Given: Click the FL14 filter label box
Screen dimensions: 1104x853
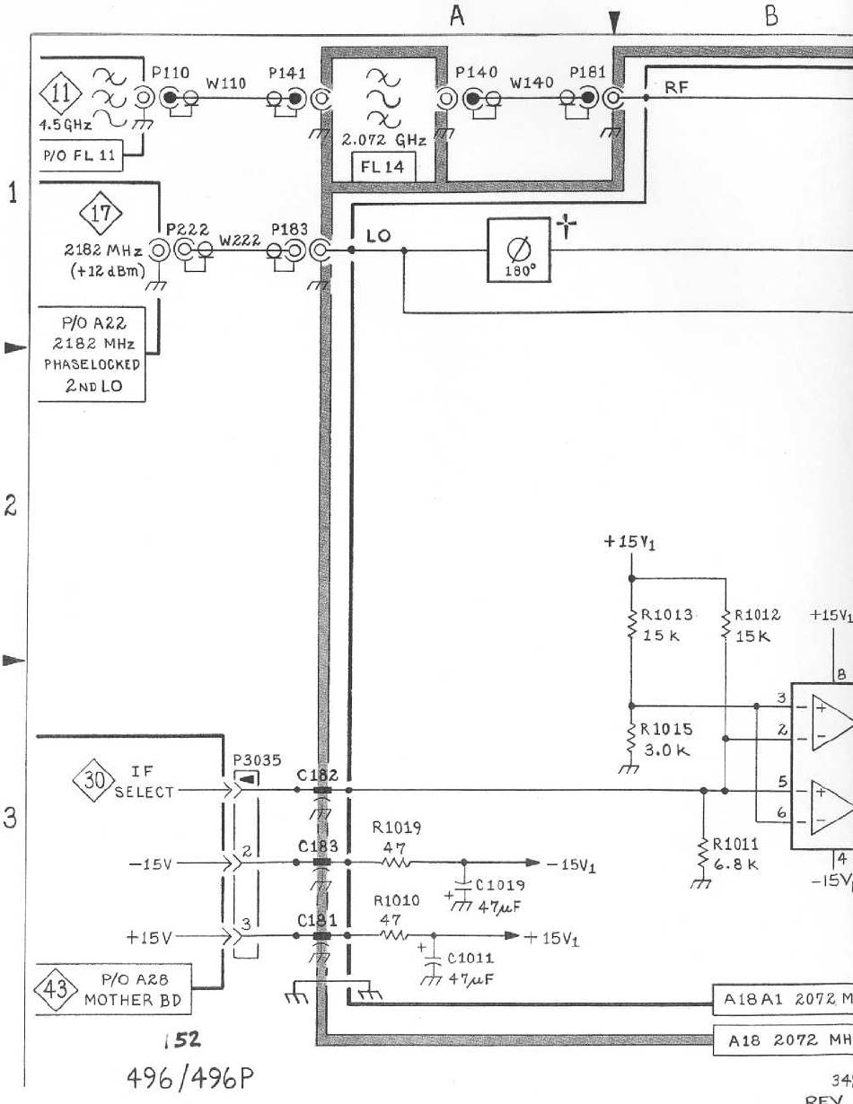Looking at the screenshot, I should click(383, 166).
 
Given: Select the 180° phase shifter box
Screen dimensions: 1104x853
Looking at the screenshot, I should click(515, 250).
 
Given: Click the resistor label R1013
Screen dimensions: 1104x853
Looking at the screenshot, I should click(665, 616).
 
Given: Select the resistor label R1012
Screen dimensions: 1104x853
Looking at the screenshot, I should click(757, 616).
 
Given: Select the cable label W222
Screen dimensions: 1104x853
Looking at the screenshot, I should click(238, 241).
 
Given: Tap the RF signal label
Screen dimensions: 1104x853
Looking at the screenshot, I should click(676, 87).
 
